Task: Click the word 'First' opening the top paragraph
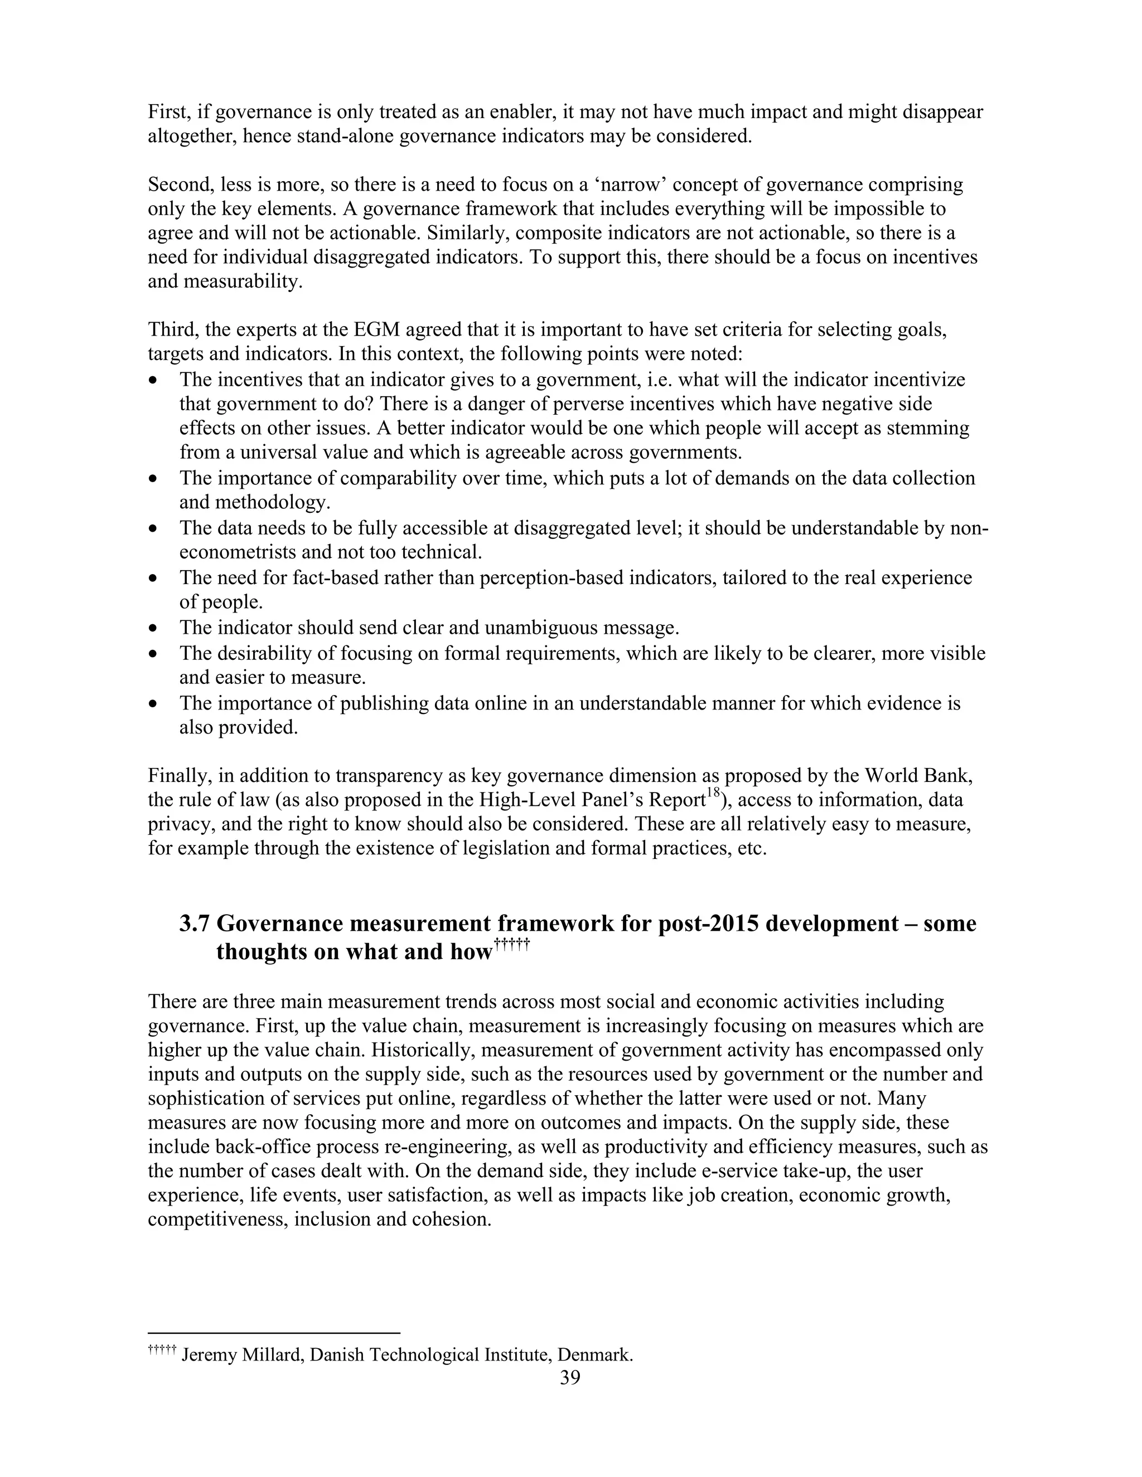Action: point(168,111)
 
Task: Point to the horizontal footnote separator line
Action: point(274,1333)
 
